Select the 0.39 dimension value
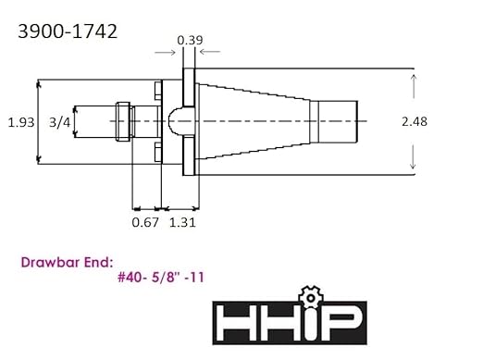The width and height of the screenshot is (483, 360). (190, 41)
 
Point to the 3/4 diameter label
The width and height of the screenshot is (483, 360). (57, 121)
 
